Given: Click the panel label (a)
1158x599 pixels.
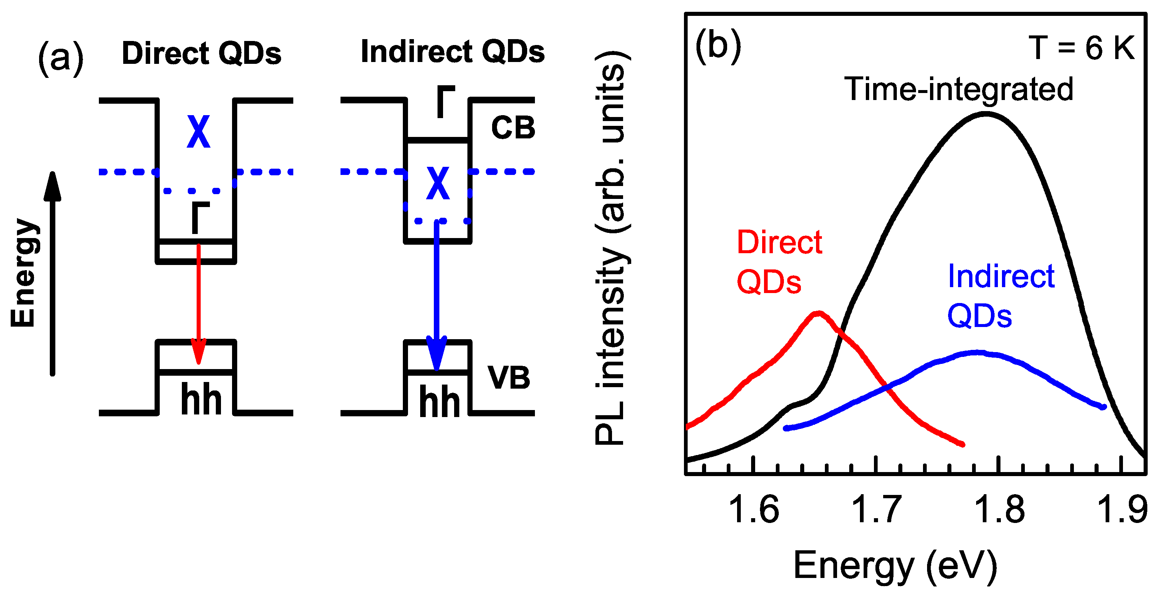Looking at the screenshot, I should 61,58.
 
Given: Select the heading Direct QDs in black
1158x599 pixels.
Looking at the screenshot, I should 201,53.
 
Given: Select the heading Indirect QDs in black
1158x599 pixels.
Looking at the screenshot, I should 452,51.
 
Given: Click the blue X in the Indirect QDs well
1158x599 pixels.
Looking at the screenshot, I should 438,183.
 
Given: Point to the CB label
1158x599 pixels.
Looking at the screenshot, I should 513,127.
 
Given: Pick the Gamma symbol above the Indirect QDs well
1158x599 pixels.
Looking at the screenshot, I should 446,101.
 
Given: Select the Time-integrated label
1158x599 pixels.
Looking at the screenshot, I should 959,89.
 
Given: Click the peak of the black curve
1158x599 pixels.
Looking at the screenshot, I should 985,114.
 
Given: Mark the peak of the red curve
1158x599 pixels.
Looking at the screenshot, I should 819,313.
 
